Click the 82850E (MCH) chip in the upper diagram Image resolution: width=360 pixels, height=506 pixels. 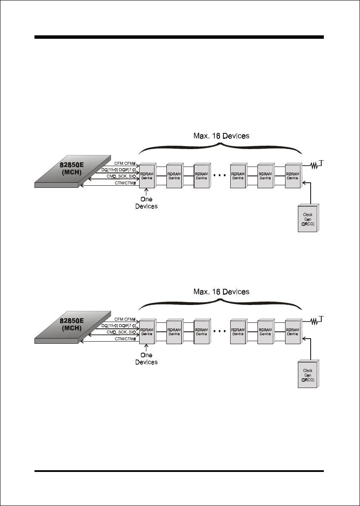pos(73,171)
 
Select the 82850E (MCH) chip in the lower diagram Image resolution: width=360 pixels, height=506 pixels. pos(73,327)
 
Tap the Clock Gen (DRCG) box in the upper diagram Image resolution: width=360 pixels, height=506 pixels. pos(308,218)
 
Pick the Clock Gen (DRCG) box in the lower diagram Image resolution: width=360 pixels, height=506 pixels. pos(308,374)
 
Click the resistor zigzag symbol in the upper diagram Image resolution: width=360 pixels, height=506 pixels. pos(314,166)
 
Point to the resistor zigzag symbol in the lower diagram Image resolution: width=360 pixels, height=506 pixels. pos(314,322)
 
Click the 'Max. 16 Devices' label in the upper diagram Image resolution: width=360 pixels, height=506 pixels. pos(221,136)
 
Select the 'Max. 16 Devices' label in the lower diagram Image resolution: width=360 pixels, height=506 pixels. pos(221,292)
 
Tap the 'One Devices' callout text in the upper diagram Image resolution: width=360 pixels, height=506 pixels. pos(146,203)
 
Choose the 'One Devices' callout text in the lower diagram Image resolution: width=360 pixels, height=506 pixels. pos(146,359)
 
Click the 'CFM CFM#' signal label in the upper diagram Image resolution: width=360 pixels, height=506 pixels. pos(125,164)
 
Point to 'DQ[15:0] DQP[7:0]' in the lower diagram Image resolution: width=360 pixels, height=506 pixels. pos(119,326)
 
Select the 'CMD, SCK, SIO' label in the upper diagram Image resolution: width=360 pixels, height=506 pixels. pos(121,176)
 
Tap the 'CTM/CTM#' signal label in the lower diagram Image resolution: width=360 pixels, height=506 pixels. pos(126,339)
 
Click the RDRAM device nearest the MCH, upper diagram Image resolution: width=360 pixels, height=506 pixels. pos(148,175)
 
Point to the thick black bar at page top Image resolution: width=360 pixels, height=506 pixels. pos(179,37)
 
